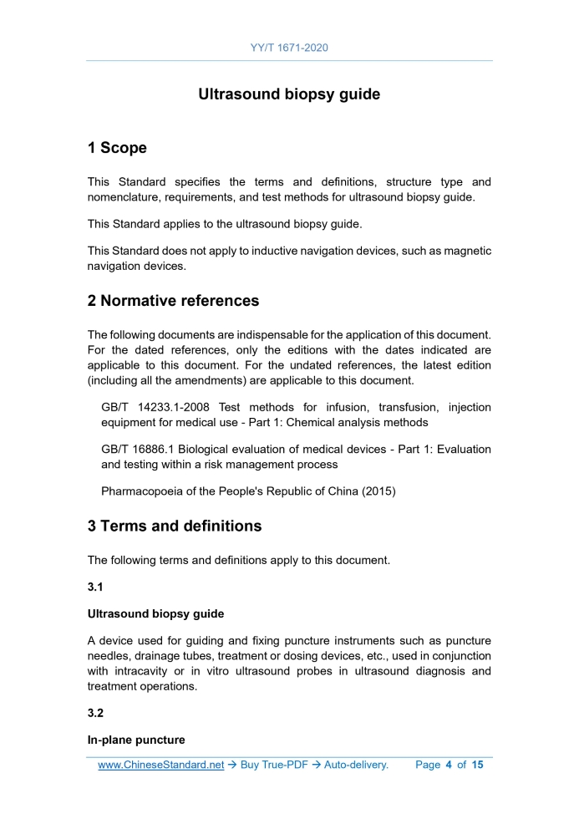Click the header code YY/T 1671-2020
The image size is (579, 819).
click(289, 48)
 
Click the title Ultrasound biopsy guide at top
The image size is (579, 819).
click(289, 94)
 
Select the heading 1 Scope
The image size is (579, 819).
click(117, 148)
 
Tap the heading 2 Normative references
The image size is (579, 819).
click(173, 300)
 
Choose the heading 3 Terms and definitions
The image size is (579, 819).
click(175, 526)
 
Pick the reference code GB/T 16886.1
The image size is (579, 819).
click(138, 449)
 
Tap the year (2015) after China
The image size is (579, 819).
click(377, 491)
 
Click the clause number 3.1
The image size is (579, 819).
click(96, 586)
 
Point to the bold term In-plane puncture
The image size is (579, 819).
click(136, 740)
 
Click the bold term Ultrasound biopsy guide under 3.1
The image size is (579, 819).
click(155, 613)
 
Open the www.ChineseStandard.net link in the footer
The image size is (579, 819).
click(160, 765)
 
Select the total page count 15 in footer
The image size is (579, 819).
click(477, 765)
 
